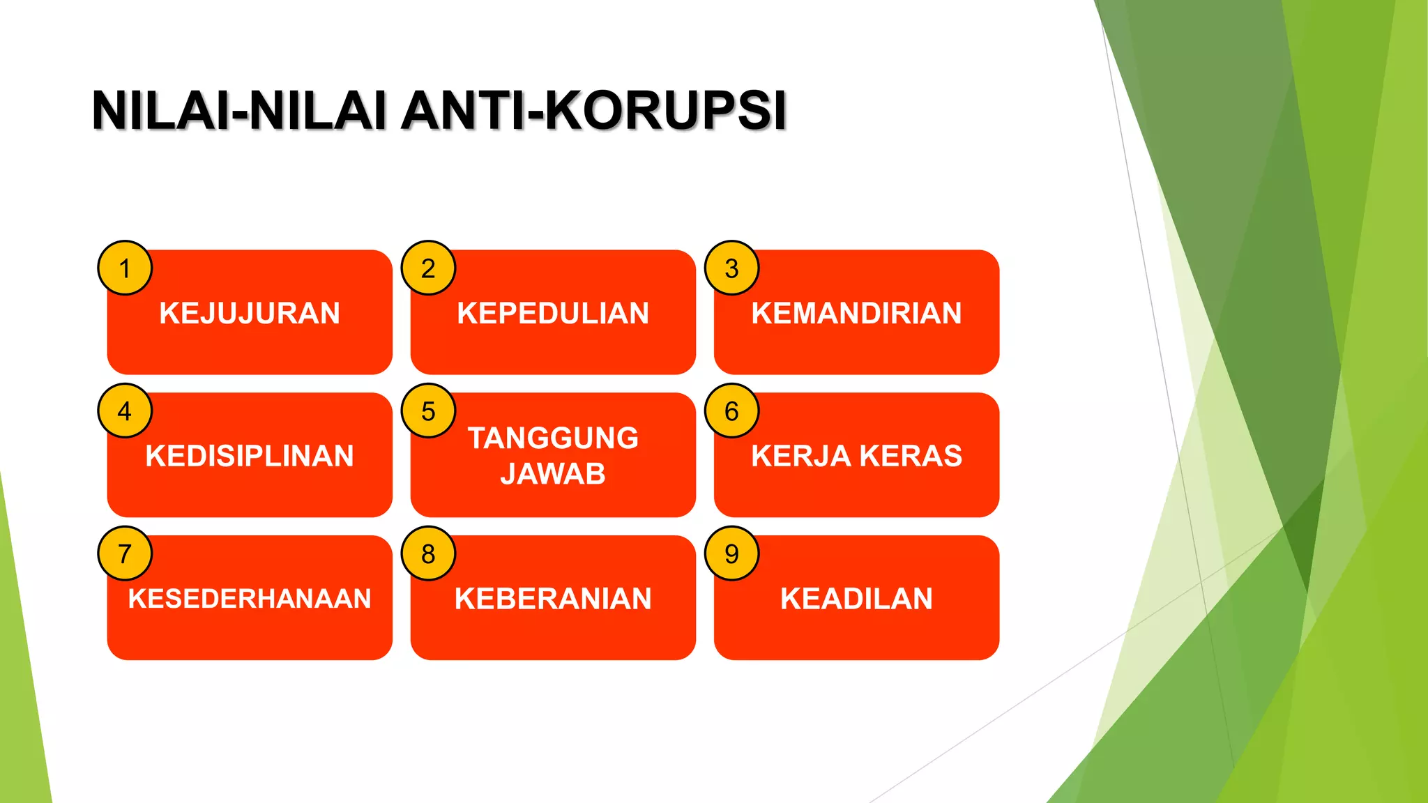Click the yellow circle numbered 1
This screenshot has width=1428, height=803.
(x=125, y=268)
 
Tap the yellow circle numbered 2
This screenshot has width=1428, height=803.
(x=428, y=268)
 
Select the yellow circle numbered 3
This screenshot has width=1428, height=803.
(x=731, y=268)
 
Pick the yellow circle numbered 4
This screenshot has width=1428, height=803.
(x=125, y=411)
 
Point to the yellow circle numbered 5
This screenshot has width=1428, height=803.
(x=428, y=411)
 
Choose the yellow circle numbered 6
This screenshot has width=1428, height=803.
(x=731, y=411)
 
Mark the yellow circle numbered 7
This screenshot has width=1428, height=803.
(x=125, y=554)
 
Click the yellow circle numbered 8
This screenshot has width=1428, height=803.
(x=428, y=554)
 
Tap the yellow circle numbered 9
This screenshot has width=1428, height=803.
(x=731, y=554)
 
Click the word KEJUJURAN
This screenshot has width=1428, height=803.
(x=250, y=313)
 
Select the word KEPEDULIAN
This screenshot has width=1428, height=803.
(x=553, y=313)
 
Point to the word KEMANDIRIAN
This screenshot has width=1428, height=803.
(x=856, y=313)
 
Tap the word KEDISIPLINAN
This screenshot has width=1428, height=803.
(x=250, y=456)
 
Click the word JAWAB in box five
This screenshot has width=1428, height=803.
(x=553, y=474)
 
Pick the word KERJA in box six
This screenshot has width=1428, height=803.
(x=800, y=456)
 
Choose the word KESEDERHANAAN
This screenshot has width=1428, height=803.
(x=250, y=599)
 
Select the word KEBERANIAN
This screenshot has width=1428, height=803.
(x=553, y=599)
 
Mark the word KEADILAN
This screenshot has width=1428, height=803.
(x=856, y=599)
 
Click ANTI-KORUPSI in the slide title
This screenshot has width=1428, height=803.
(x=593, y=110)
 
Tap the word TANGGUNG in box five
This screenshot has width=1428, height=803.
(x=553, y=438)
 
